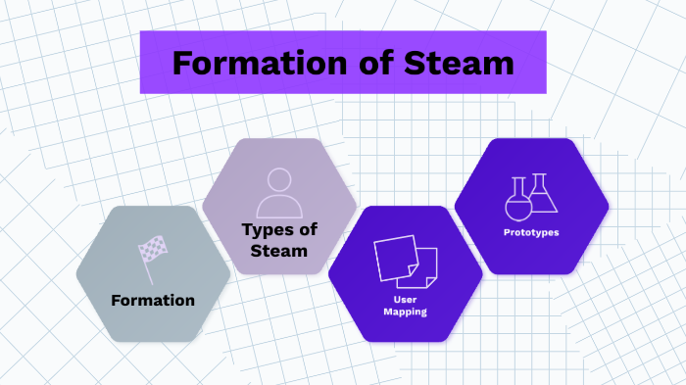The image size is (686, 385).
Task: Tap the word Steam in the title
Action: pyautogui.click(x=459, y=63)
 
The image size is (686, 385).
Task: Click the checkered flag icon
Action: pyautogui.click(x=153, y=255)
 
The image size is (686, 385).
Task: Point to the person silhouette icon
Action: pyautogui.click(x=279, y=193)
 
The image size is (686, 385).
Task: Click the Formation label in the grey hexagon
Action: pyautogui.click(x=153, y=300)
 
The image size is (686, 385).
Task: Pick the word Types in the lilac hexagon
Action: pyautogui.click(x=269, y=230)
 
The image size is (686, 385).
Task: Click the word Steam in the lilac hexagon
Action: pyautogui.click(x=279, y=251)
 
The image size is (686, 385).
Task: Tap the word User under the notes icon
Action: pyautogui.click(x=405, y=298)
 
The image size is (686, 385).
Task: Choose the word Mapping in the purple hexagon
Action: pyautogui.click(x=405, y=312)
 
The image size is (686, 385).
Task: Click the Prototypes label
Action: pyautogui.click(x=531, y=232)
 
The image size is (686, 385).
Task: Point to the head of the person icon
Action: pyautogui.click(x=279, y=180)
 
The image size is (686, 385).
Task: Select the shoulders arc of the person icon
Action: pyautogui.click(x=279, y=206)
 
